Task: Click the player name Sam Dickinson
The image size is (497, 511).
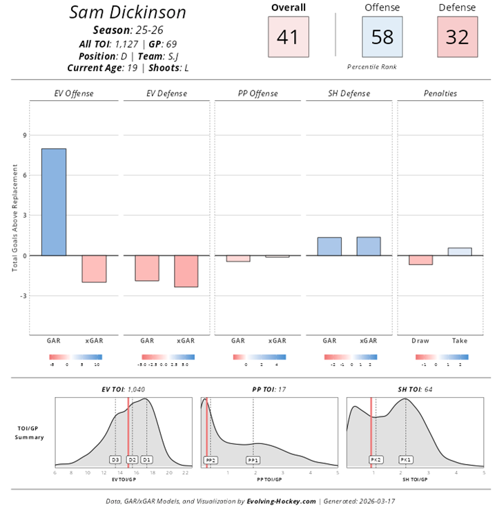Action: tap(128, 12)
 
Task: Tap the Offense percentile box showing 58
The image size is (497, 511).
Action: tap(382, 37)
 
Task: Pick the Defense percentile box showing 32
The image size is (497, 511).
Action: tap(457, 37)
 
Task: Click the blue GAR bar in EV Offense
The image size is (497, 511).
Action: tap(53, 202)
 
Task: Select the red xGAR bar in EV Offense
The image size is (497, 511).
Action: tap(94, 269)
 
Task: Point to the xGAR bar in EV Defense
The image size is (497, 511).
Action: tap(186, 271)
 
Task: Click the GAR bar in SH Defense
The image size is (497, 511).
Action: tap(329, 247)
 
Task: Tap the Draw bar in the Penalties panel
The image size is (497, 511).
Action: tap(420, 260)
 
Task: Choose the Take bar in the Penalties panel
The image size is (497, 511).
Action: tap(460, 251)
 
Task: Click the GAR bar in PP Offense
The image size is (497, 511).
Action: tap(238, 258)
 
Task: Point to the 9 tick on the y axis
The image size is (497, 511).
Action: tap(25, 135)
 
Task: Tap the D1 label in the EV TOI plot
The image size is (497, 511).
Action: tap(146, 459)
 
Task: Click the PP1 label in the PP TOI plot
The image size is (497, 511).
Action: tap(253, 459)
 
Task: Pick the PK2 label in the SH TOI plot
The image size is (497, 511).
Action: tap(376, 459)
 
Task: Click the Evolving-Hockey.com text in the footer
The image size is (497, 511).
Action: tap(281, 502)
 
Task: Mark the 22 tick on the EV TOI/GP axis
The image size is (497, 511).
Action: tap(186, 473)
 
